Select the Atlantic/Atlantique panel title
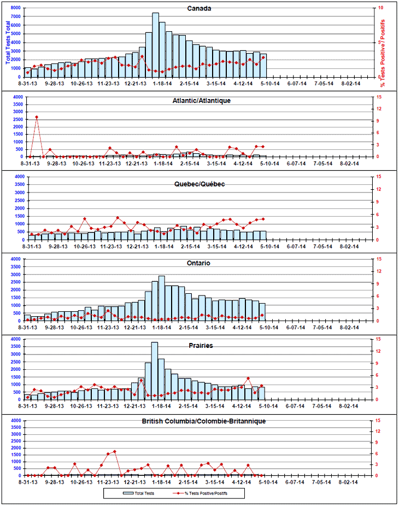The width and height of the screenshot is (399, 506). (x=201, y=101)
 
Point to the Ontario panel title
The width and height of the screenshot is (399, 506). (x=199, y=263)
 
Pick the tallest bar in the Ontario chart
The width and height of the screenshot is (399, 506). (x=162, y=298)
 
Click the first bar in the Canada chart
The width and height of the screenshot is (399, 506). (x=27, y=72)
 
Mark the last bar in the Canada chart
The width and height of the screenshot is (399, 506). (x=263, y=66)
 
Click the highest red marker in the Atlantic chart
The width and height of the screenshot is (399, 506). (x=37, y=117)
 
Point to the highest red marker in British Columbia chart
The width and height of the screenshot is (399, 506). (x=115, y=451)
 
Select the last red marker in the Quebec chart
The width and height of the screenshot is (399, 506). (x=263, y=219)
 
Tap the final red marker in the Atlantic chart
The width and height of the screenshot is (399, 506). (x=263, y=146)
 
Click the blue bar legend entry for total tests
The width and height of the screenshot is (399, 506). (x=133, y=493)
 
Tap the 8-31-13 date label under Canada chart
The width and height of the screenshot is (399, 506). (x=27, y=84)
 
